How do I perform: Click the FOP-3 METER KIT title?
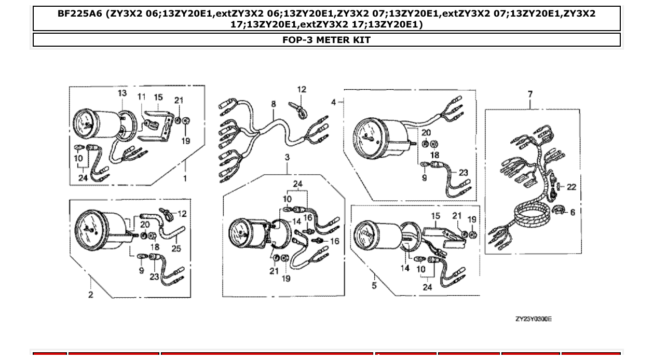click(x=326, y=40)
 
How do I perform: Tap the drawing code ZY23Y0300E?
click(x=533, y=319)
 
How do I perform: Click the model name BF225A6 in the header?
click(x=80, y=14)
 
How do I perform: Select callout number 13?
click(x=122, y=93)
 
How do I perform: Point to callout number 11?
click(x=142, y=97)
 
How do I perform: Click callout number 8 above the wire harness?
click(x=274, y=104)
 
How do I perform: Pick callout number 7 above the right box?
click(x=530, y=94)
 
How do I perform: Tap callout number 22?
click(x=571, y=187)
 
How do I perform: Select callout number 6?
click(x=573, y=212)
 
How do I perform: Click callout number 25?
click(x=176, y=248)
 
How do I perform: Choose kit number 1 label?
click(x=185, y=178)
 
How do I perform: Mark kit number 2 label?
click(x=91, y=295)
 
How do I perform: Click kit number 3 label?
click(x=287, y=157)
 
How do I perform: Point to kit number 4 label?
click(x=334, y=102)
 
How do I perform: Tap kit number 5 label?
click(x=374, y=286)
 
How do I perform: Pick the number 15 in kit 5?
click(x=435, y=216)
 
